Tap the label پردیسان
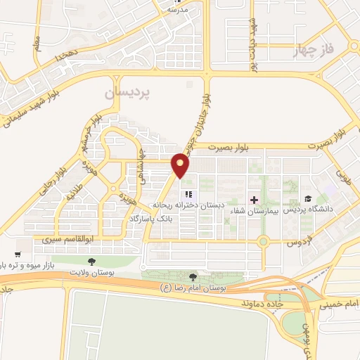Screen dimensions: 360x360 coord(128,92)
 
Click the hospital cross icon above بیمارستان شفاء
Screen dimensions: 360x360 coord(254,199)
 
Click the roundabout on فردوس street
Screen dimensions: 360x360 coord(264,242)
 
